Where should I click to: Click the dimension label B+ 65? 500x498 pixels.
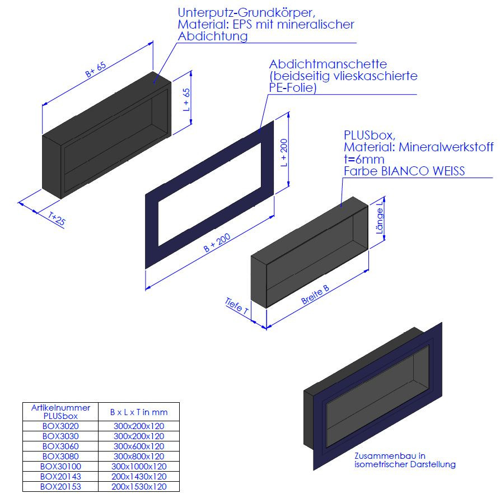coord(95,69)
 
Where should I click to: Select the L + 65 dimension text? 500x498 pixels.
coord(186,100)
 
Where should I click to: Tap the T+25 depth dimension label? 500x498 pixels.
coord(57,219)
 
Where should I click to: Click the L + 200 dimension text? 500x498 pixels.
coord(284,152)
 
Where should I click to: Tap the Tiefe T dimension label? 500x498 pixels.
coord(236,306)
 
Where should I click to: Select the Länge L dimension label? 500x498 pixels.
coord(380,217)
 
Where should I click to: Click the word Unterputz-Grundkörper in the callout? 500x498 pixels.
coord(246,13)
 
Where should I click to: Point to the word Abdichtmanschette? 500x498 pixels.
coord(328,64)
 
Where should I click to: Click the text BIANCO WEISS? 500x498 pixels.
coord(423,171)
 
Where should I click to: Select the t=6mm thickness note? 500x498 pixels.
coord(364,159)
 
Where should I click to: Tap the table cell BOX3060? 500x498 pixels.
coord(60,446)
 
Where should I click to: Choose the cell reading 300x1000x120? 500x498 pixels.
coord(139,467)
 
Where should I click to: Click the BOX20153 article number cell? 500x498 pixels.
coord(60,486)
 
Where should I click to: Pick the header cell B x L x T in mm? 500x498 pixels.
coord(139,412)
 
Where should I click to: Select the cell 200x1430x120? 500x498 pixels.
coord(139,477)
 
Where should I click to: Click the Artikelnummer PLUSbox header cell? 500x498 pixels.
coord(60,412)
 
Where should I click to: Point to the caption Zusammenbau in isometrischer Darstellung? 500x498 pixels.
coord(405,460)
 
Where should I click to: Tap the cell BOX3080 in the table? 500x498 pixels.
coord(60,456)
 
